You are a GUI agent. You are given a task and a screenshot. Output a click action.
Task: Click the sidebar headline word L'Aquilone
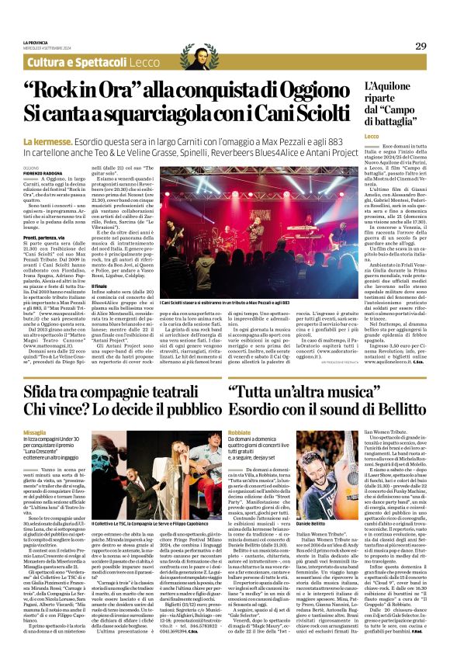pos(391,88)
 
